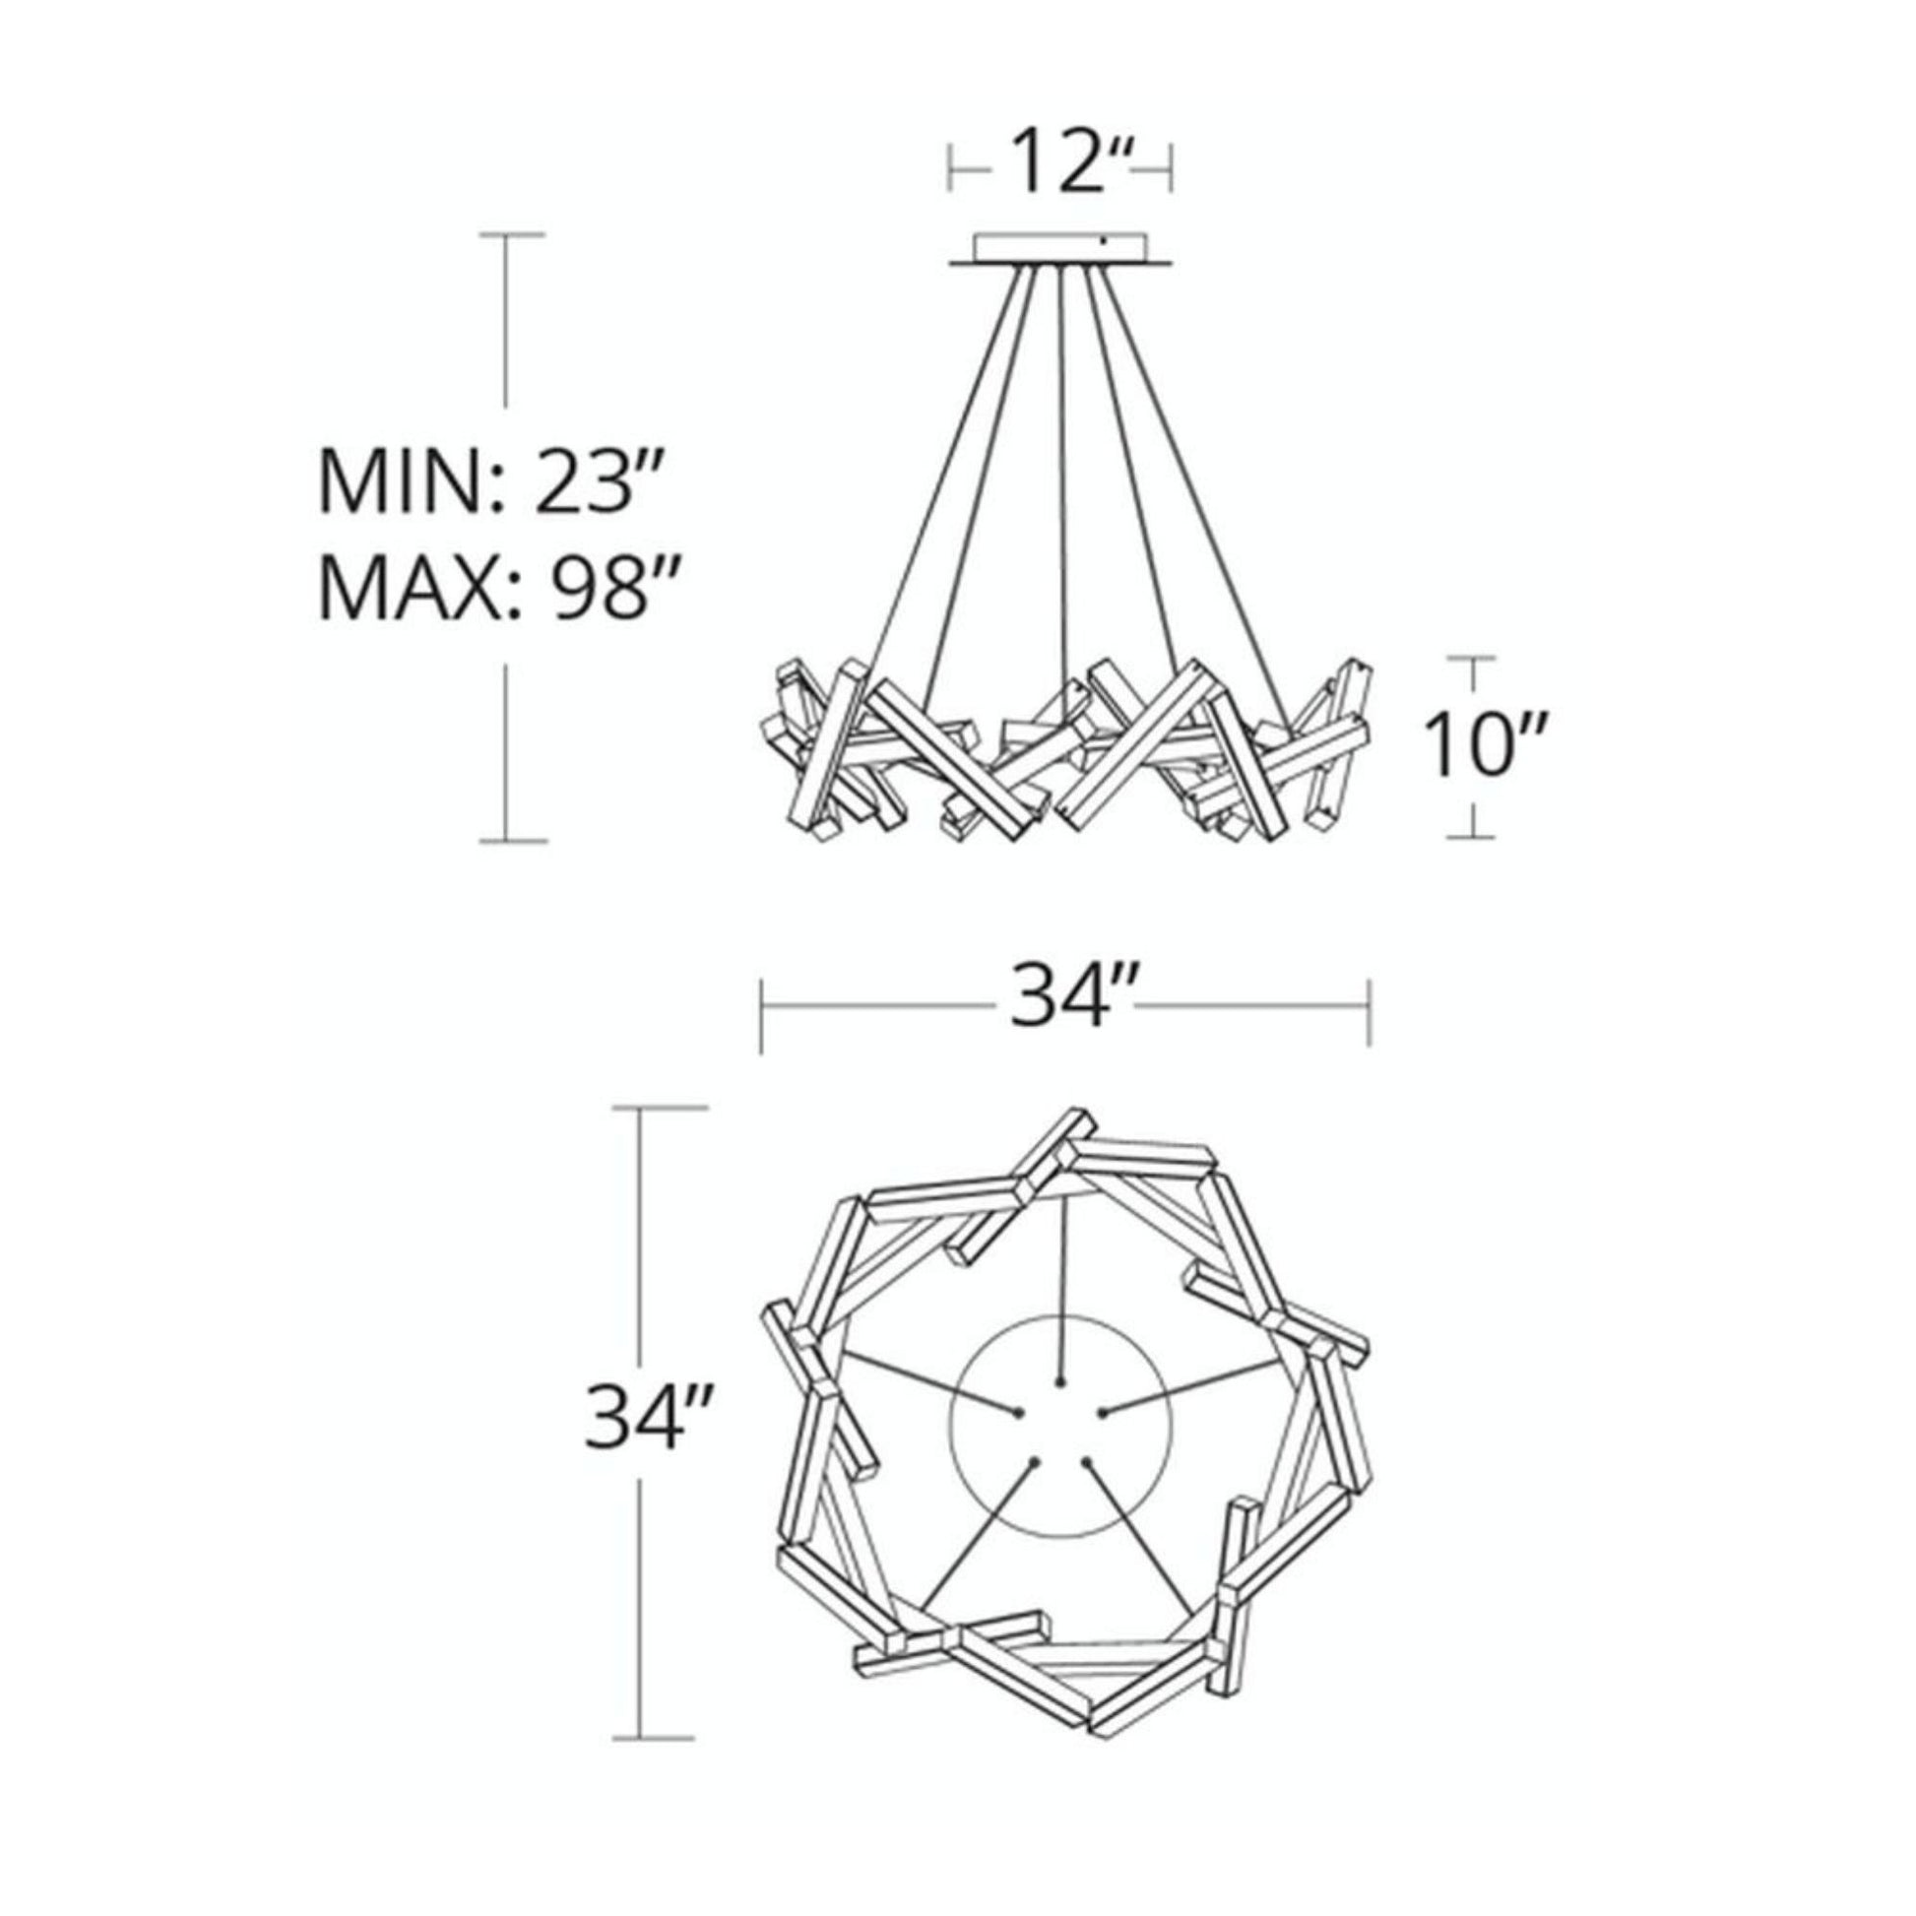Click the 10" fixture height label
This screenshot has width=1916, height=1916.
coord(1480,744)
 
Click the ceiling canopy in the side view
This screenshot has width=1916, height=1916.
coord(1061,249)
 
